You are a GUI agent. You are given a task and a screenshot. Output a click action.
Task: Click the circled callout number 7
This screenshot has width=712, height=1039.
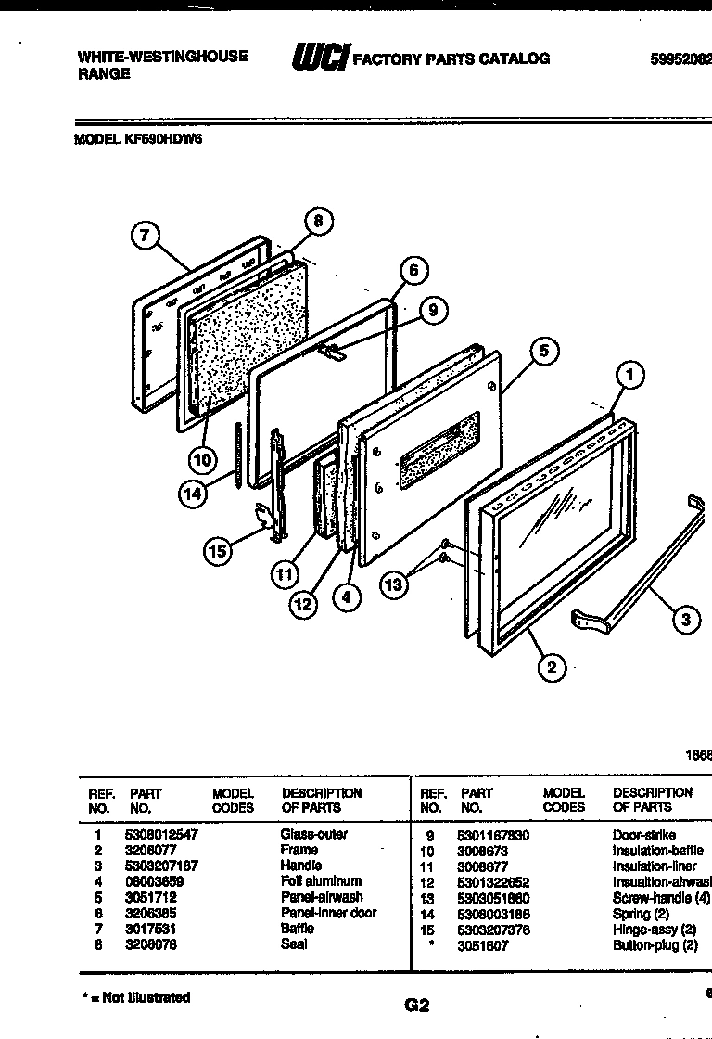coord(145,237)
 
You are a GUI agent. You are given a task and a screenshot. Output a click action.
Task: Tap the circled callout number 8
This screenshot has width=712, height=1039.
coord(318,222)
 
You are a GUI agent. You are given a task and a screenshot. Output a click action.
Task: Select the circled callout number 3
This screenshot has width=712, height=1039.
coord(685,620)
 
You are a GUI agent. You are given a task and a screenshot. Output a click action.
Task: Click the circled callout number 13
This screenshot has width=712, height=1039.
coord(395,584)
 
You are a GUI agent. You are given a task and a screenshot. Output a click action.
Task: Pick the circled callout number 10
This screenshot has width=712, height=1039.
coord(203,458)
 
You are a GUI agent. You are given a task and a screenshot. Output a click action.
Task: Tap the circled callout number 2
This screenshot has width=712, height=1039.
coord(552,667)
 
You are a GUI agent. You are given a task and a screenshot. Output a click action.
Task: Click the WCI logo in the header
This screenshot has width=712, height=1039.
coord(319,58)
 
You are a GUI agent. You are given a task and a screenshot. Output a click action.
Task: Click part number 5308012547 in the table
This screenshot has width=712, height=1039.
coord(161,835)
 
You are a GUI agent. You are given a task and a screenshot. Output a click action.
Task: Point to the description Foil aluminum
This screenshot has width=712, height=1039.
coord(321,881)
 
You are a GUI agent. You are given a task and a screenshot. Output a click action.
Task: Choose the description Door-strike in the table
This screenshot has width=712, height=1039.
coord(643,835)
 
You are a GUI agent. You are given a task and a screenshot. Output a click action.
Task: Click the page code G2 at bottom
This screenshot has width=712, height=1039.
coord(417,1005)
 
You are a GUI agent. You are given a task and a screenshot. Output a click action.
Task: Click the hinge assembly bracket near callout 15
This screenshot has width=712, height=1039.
coord(269,519)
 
